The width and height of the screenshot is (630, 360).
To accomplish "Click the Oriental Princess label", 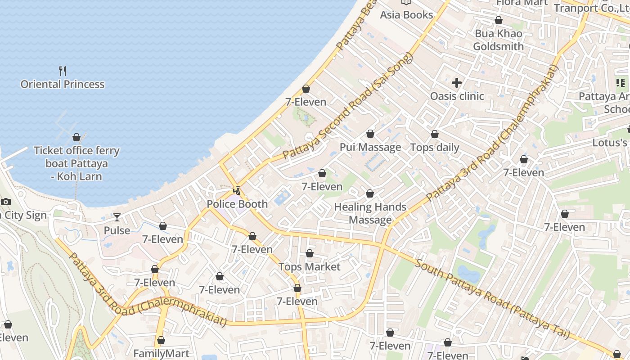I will tap(63, 84).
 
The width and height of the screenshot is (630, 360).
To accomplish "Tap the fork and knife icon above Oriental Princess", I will tap(63, 71).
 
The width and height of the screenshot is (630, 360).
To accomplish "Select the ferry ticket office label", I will tap(76, 163).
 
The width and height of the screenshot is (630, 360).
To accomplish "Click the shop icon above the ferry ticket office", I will tap(76, 137).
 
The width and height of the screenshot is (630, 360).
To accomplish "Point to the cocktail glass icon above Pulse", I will tap(117, 217).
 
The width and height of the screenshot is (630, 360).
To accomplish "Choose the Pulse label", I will tap(117, 230).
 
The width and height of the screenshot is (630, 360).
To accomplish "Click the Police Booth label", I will tap(237, 204).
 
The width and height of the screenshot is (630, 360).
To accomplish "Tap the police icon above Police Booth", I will tap(237, 191).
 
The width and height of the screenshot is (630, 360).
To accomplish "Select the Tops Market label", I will tap(310, 267).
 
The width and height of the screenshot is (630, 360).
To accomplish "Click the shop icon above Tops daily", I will tap(435, 134).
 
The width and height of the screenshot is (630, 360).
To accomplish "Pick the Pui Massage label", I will tap(370, 147).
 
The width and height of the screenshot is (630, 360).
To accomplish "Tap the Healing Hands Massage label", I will tap(370, 213).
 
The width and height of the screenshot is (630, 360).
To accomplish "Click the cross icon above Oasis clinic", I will tap(457, 83).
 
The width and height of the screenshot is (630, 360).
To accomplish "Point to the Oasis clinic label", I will tap(457, 96).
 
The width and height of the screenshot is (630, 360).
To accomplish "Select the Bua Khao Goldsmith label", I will tap(499, 40).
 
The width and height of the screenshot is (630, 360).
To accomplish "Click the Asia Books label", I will tap(406, 15).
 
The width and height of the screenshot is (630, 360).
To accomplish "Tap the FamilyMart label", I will tap(161, 353).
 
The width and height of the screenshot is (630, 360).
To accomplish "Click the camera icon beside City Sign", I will tap(6, 202).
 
